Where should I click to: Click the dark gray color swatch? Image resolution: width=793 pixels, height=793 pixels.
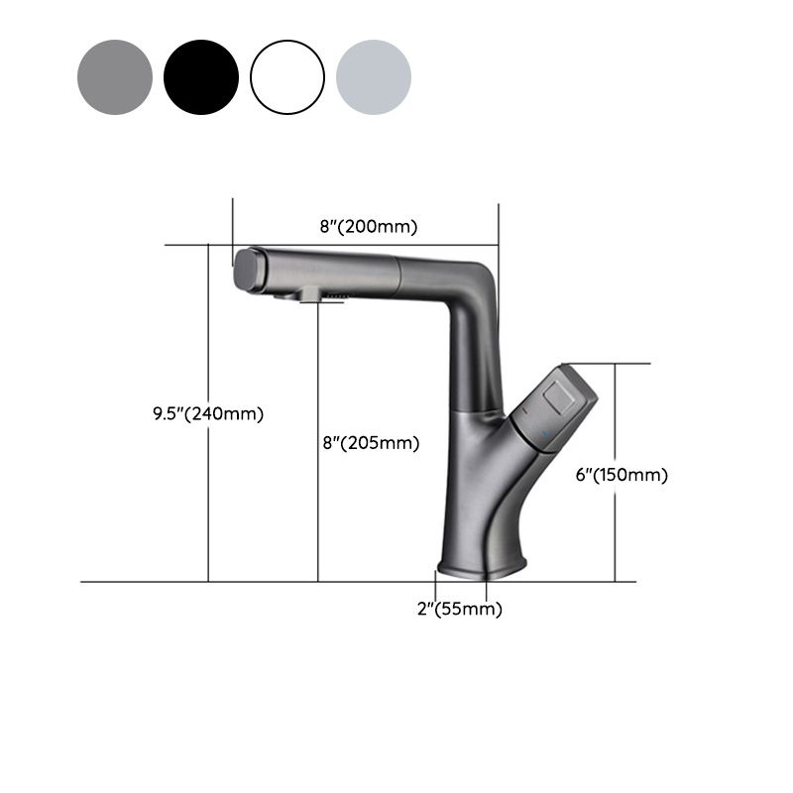coord(115,77)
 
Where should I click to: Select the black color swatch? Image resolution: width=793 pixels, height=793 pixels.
coord(201,77)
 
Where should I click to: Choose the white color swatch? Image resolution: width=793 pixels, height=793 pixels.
coord(287,77)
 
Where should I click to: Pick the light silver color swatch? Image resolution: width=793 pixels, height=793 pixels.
coord(374,77)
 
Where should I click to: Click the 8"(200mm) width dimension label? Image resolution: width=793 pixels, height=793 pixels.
coord(368,226)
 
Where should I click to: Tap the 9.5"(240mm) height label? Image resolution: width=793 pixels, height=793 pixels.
coord(201,413)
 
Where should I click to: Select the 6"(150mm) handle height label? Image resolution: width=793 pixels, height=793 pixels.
coord(622,475)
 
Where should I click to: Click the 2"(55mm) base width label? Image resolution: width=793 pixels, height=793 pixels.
coord(459,610)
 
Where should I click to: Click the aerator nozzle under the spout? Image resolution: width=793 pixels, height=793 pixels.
coord(309,295)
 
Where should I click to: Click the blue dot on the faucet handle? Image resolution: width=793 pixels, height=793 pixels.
coord(542,433)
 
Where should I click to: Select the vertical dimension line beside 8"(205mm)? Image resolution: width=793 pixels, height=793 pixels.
coord(318,515)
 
